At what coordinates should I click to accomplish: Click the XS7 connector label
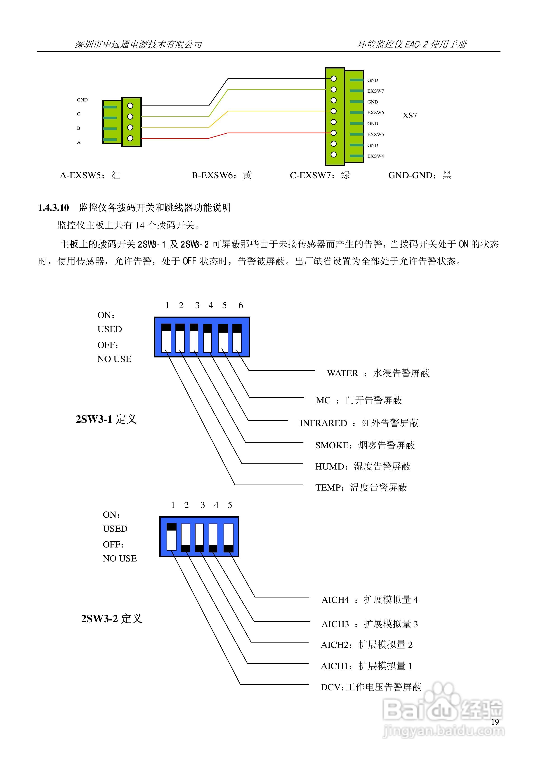point(410,116)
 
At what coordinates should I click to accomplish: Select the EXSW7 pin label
point(375,91)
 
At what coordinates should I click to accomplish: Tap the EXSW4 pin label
point(375,156)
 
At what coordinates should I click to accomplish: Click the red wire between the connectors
point(265,133)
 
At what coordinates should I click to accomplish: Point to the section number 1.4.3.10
point(53,208)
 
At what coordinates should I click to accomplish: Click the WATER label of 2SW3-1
point(342,373)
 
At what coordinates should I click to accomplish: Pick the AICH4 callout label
point(335,600)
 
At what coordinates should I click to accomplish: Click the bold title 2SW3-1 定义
point(106,419)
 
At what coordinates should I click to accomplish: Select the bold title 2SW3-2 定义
point(111,619)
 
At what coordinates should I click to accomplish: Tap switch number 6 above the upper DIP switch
point(241,305)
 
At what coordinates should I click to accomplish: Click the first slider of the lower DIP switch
point(172,537)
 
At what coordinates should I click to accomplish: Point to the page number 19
point(495,722)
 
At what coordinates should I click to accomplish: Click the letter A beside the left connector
point(79,142)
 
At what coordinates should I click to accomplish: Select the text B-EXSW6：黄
point(222,175)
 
